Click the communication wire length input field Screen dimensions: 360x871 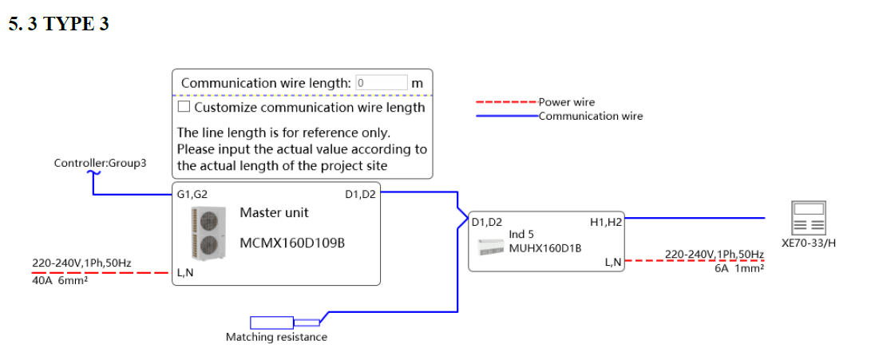click(x=382, y=83)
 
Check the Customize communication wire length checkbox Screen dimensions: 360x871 click(x=184, y=107)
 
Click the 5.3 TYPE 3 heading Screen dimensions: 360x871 click(x=58, y=24)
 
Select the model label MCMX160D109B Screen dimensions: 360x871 click(x=292, y=242)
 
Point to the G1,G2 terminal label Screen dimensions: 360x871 click(x=192, y=194)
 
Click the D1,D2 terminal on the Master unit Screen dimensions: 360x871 click(x=360, y=194)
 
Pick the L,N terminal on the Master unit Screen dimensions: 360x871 click(x=185, y=273)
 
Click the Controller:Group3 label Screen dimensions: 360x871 click(x=101, y=164)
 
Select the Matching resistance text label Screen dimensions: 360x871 click(x=276, y=338)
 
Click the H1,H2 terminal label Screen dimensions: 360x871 click(x=605, y=223)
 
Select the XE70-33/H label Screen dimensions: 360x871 click(x=809, y=243)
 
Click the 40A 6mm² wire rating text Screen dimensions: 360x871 click(x=60, y=282)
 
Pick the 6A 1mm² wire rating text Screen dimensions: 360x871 click(x=739, y=269)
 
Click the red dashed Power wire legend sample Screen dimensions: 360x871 click(x=506, y=103)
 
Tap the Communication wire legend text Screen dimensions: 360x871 click(x=591, y=117)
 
